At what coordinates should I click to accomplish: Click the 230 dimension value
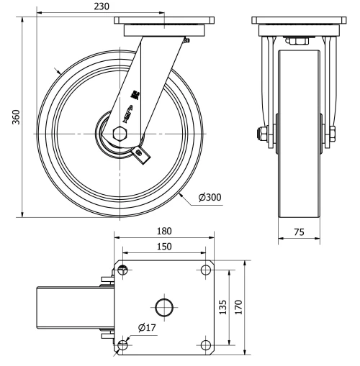pos(102,6)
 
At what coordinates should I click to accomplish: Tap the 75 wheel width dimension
pos(299,232)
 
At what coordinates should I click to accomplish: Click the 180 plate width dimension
pos(163,232)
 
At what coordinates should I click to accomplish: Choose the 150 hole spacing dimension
pos(163,247)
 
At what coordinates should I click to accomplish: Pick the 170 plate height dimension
pos(240,307)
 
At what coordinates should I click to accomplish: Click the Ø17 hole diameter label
pos(146,327)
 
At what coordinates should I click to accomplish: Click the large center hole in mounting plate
pos(164,307)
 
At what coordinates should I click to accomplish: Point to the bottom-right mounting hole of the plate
pos(206,345)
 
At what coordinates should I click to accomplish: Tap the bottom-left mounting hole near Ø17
pos(123,345)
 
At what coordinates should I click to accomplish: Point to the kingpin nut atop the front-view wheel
pos(295,41)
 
